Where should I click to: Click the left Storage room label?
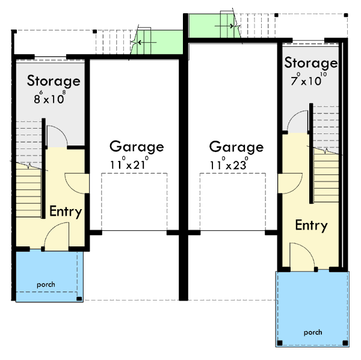pyautogui.click(x=54, y=81)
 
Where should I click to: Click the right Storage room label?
pyautogui.click(x=310, y=63)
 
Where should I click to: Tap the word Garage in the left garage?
pyautogui.click(x=137, y=147)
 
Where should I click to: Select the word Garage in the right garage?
pyautogui.click(x=236, y=147)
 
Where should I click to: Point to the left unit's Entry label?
pyautogui.click(x=66, y=212)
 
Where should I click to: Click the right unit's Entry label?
pyautogui.click(x=311, y=226)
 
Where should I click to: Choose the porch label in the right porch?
pyautogui.click(x=312, y=332)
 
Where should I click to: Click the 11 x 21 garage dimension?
pyautogui.click(x=128, y=163)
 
